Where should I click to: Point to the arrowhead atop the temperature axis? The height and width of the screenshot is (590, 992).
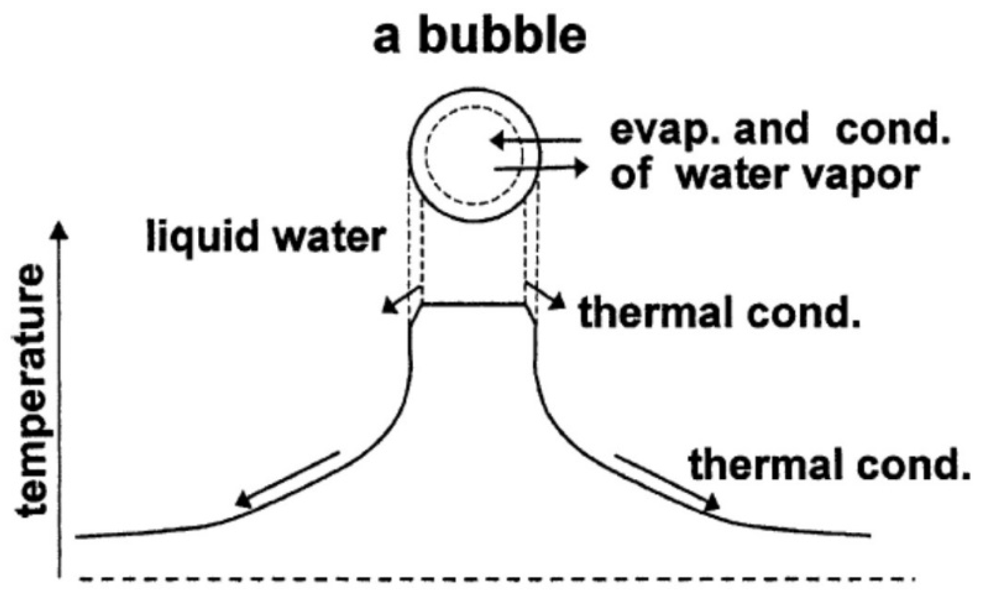click(61, 229)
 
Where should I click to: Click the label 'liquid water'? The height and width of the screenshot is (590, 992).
click(266, 237)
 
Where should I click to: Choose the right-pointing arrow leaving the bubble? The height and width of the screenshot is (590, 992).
click(541, 169)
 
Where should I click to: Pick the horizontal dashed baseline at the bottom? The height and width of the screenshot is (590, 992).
click(495, 579)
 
